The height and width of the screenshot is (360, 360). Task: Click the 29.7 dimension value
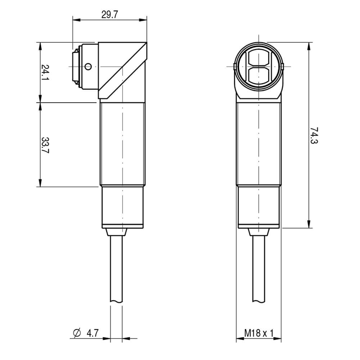pyautogui.click(x=109, y=15)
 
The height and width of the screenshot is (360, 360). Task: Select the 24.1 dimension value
pyautogui.click(x=45, y=72)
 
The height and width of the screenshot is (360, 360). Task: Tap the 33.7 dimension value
pyautogui.click(x=45, y=145)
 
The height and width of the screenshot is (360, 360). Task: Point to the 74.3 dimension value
pyautogui.click(x=314, y=135)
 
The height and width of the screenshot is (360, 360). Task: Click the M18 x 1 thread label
pyautogui.click(x=259, y=333)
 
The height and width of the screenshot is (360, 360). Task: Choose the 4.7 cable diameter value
pyautogui.click(x=93, y=333)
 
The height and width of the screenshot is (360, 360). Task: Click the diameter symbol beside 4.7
pyautogui.click(x=77, y=333)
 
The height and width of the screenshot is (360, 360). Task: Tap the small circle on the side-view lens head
pyautogui.click(x=88, y=67)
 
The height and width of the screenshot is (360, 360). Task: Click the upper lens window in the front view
pyautogui.click(x=259, y=58)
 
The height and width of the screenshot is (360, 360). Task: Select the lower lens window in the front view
pyautogui.click(x=259, y=75)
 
